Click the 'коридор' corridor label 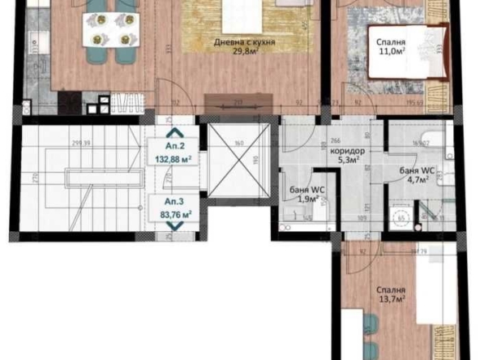coord(348,151)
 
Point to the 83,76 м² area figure coord(174,215)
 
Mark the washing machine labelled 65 coord(398,219)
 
